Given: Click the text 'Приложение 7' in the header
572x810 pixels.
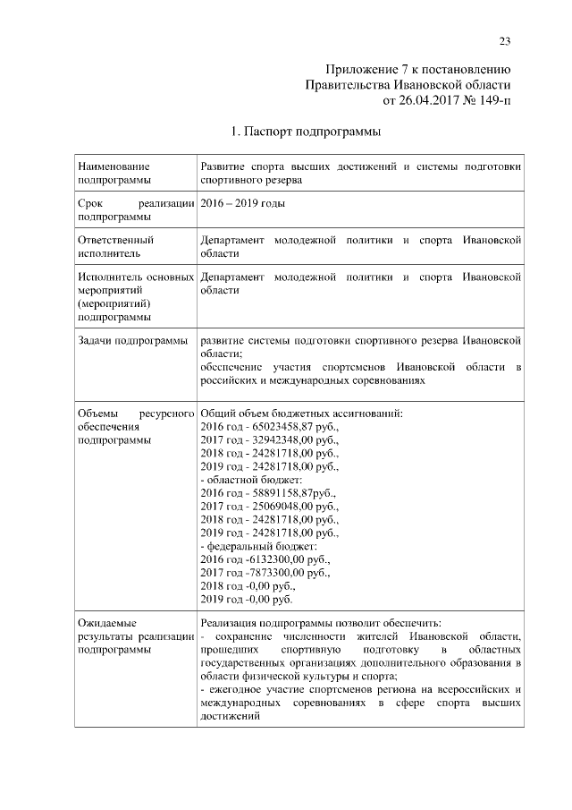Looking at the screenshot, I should coord(363,69).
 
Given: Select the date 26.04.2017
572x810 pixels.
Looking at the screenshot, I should coord(429,100).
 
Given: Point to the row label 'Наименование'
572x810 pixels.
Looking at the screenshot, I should coord(114,166).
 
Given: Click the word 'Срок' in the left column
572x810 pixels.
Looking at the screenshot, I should coord(90,203).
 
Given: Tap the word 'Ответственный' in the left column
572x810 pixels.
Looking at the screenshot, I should coord(116,240).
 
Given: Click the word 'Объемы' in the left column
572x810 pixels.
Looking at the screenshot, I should coord(98,414).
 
